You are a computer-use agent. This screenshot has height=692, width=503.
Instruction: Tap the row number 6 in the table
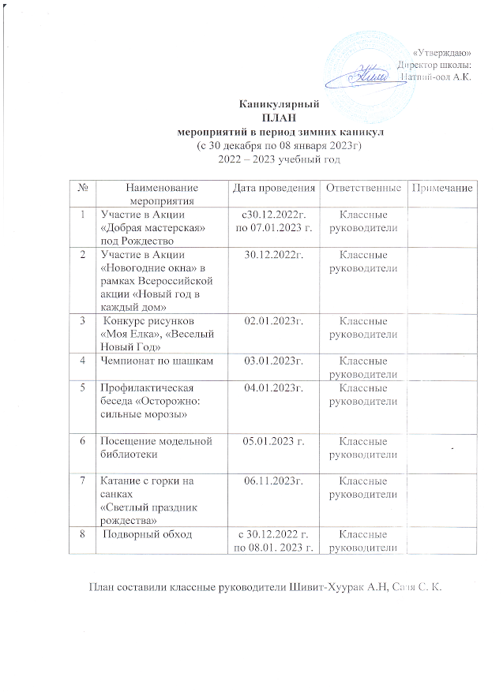83,441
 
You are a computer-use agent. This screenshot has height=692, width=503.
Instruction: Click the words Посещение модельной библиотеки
150,447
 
